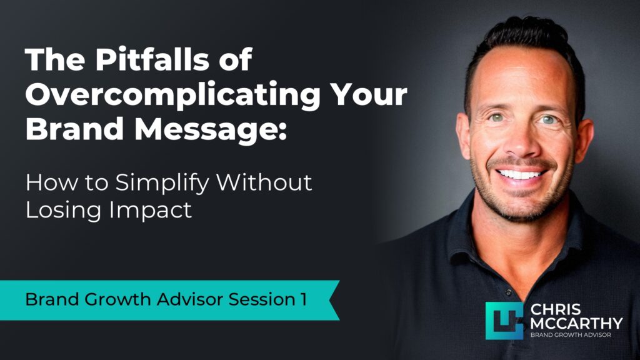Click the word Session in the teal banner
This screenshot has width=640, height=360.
pyautogui.click(x=256, y=299)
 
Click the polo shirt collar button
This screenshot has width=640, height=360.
pyautogui.click(x=510, y=292)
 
